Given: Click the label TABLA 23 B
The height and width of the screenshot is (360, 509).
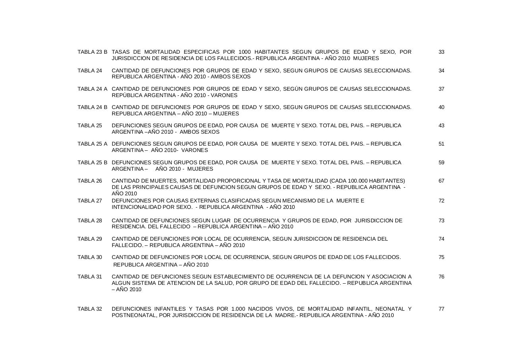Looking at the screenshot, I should [92, 52].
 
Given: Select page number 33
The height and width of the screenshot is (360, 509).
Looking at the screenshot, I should [441, 52].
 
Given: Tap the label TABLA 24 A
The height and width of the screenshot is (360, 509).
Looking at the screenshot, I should [92, 89].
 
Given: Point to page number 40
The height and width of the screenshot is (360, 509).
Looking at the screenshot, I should [441, 107].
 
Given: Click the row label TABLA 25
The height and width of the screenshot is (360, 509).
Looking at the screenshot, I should [90, 126].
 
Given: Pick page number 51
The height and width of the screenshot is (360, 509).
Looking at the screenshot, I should [441, 144].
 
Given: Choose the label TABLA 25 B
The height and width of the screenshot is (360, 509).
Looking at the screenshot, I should [92, 163].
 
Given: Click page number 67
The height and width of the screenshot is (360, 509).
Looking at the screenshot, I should [441, 181].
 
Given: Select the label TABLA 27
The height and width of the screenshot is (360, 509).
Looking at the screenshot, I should [90, 201].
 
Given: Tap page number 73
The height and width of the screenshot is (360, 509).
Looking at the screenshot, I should [441, 221].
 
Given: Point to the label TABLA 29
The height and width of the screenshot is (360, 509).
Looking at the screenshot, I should [90, 239].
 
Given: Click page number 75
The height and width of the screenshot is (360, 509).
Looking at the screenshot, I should [441, 257].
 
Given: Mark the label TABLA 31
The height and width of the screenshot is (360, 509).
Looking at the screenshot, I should [90, 277].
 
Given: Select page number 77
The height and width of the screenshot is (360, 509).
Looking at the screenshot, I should [441, 309].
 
